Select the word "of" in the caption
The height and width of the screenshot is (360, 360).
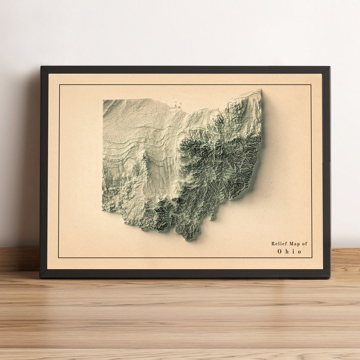tap(304, 243)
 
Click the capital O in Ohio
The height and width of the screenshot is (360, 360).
tap(280, 251)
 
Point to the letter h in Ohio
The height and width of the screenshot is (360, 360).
tap(287, 251)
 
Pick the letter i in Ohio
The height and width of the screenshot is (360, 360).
tap(293, 251)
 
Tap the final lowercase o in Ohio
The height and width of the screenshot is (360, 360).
tap(299, 252)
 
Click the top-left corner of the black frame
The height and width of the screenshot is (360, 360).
tap(41, 67)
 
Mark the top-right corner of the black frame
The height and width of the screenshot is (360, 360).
tap(329, 67)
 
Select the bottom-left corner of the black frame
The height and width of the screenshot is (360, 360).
tap(40, 277)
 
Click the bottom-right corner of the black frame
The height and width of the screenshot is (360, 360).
tap(330, 277)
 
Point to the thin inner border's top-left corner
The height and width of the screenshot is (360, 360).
tap(59, 84)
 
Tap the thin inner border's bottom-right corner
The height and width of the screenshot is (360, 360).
tap(312, 258)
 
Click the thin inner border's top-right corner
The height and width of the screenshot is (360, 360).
tap(311, 84)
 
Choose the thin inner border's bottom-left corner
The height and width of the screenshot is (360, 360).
tap(59, 258)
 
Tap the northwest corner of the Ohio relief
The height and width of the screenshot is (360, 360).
tap(103, 100)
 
